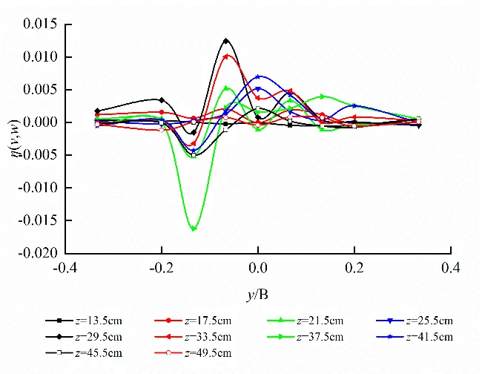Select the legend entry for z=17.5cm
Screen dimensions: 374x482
point(193,321)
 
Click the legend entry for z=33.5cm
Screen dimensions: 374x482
point(193,337)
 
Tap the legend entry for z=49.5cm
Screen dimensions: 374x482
point(193,352)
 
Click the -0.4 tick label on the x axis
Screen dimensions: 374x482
point(65,266)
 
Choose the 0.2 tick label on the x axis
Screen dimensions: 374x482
point(354,266)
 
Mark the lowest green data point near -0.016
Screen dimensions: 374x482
point(194,229)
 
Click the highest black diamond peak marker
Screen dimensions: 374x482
point(226,41)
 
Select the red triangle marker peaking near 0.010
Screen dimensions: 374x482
point(227,56)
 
